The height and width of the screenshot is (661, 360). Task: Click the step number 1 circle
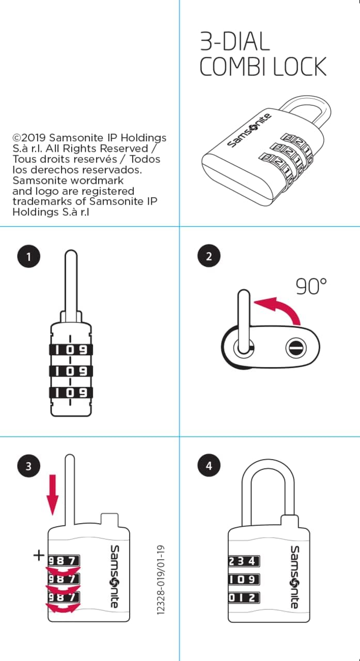click(28, 256)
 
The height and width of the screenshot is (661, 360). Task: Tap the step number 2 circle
click(209, 256)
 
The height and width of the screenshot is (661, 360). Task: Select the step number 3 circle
click(28, 466)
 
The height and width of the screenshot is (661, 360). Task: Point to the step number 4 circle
click(209, 465)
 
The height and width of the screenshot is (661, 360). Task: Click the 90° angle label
click(311, 286)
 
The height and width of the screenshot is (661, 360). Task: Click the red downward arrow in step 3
click(53, 495)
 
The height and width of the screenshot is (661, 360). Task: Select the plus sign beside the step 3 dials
click(39, 555)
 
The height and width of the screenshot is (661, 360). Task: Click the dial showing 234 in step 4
click(244, 561)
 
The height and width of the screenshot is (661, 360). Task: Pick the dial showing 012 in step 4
click(244, 597)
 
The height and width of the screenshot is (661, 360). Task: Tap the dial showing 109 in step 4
click(244, 579)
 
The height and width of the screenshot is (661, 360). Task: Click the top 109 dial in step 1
click(71, 350)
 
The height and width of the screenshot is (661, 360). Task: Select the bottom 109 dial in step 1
click(71, 392)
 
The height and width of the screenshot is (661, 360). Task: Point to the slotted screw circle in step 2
click(296, 348)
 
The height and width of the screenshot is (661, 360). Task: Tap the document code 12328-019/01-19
click(160, 580)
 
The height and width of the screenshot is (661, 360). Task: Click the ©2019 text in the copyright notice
click(29, 137)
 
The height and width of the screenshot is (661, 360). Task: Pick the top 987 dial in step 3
click(64, 560)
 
